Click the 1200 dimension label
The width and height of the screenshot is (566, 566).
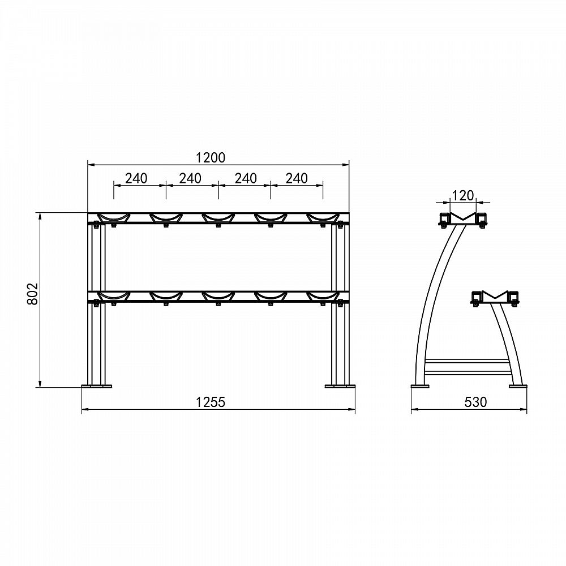pyautogui.click(x=211, y=158)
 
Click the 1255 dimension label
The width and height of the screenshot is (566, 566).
pyautogui.click(x=211, y=402)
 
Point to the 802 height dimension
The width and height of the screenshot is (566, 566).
pyautogui.click(x=33, y=293)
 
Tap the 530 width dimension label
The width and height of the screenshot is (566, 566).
pyautogui.click(x=475, y=402)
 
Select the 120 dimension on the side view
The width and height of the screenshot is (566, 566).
pyautogui.click(x=463, y=195)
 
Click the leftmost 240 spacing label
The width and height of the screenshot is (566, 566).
pyautogui.click(x=136, y=178)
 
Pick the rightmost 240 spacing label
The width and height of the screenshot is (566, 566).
pyautogui.click(x=297, y=178)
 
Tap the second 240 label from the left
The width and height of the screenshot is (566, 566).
pyautogui.click(x=190, y=178)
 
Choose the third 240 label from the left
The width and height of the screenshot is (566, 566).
pyautogui.click(x=246, y=178)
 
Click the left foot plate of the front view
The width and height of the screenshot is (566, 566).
pyautogui.click(x=97, y=386)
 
